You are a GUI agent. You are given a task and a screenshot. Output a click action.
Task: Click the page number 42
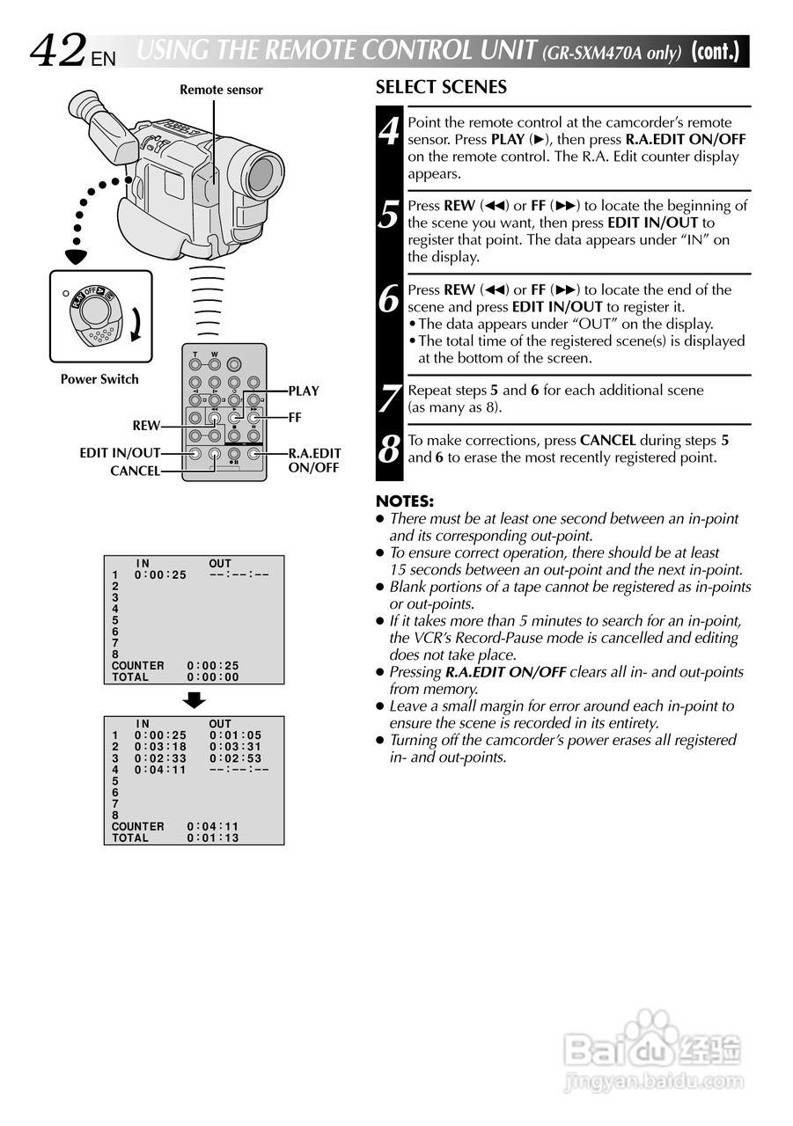point(59,50)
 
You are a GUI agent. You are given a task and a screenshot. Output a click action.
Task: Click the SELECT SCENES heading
point(441,87)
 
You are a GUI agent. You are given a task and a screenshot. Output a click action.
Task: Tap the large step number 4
point(389,133)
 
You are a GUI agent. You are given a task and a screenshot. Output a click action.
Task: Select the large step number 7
point(389,399)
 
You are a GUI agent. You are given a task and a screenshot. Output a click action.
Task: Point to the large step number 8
point(389,450)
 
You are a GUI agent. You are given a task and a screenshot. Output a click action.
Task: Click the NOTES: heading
point(405,501)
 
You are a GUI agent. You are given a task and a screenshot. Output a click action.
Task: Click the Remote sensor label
point(221,90)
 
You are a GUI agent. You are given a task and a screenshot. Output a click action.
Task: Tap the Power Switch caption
point(99,379)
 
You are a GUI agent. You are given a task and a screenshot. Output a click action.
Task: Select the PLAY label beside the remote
point(304,391)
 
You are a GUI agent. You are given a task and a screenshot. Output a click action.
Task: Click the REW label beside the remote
point(146,426)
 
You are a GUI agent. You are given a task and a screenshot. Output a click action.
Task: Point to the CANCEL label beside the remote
point(135,472)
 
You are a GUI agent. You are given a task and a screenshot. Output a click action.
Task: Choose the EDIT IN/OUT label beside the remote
point(120,453)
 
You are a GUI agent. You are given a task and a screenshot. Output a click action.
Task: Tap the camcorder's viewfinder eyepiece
point(81,108)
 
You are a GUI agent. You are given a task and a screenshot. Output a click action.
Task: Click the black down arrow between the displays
point(195,700)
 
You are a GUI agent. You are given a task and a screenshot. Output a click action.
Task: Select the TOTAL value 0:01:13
point(212,838)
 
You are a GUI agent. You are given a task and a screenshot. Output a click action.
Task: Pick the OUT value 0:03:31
point(235,747)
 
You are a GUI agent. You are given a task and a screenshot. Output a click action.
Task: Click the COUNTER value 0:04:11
point(212,827)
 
